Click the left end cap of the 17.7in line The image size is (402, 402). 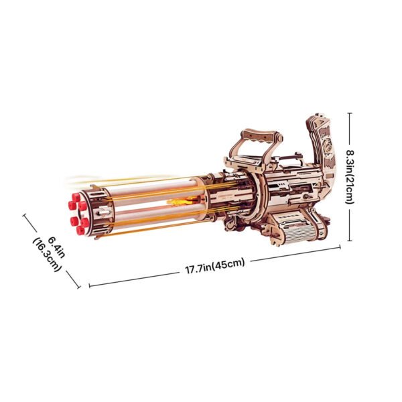[x=90, y=285]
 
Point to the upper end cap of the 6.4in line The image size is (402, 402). [x=25, y=216]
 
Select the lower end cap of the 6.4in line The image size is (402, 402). [x=78, y=288]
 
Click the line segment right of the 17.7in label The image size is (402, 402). [x=295, y=255]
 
